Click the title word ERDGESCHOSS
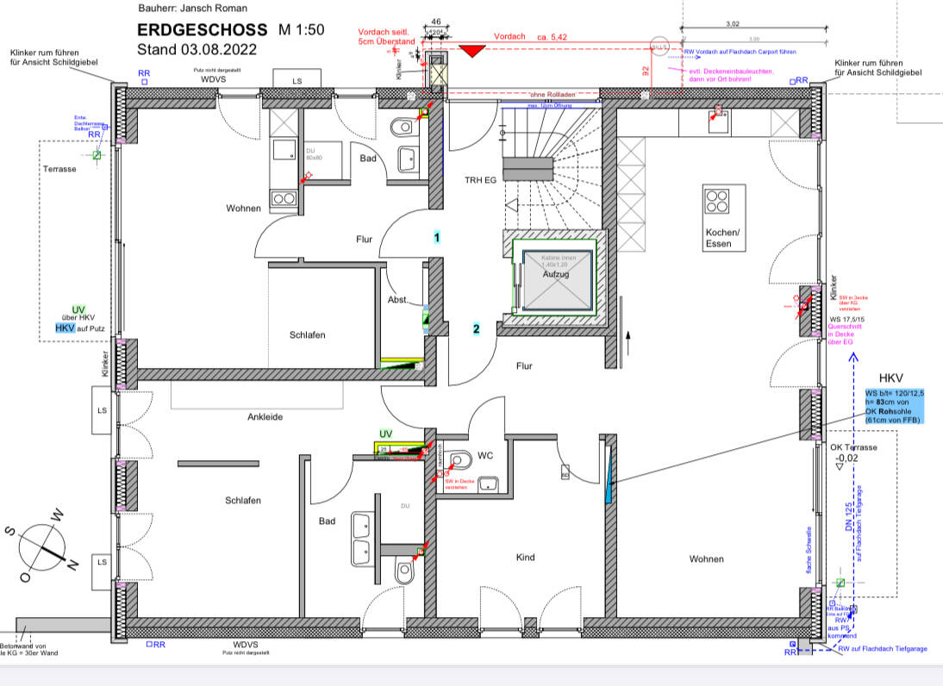tap(202, 30)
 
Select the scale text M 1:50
tap(301, 30)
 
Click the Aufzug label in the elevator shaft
tap(556, 273)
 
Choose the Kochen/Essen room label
tap(722, 239)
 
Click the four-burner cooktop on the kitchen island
tap(717, 200)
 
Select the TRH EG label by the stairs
tap(479, 180)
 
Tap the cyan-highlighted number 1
tap(437, 237)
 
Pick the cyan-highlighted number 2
tap(475, 328)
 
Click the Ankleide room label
tap(265, 417)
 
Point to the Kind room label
tap(525, 558)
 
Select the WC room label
tap(485, 454)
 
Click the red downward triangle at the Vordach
tap(470, 51)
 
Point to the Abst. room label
tap(398, 299)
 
